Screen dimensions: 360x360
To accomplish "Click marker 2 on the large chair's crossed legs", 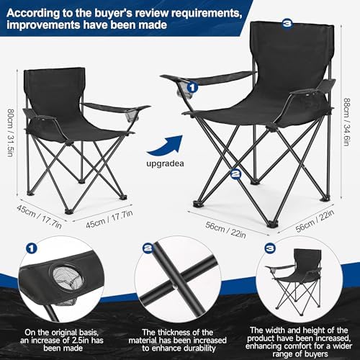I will (235, 173).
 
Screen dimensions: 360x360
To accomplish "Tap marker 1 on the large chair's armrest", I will (192, 88).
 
